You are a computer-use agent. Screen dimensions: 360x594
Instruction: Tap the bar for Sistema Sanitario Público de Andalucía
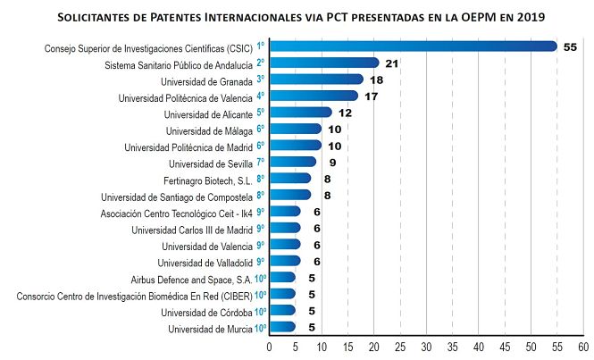tap(324, 63)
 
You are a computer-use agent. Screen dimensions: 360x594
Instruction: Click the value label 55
tap(571, 46)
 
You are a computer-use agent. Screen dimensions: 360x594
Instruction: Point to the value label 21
tap(391, 63)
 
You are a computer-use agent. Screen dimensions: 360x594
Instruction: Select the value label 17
tap(371, 96)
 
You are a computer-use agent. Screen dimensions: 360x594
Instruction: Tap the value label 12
tap(345, 113)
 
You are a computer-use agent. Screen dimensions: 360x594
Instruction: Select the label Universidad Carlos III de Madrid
tap(192, 229)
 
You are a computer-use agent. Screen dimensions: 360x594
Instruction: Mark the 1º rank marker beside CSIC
tap(260, 46)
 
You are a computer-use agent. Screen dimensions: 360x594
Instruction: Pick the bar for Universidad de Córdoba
tap(282, 311)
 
